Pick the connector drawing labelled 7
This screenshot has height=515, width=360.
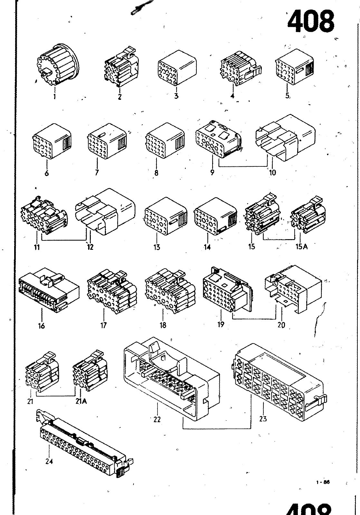[x=107, y=142]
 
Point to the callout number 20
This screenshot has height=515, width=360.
[x=281, y=325]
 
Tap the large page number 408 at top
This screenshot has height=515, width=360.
[x=310, y=22]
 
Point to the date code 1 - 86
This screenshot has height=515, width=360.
[x=323, y=482]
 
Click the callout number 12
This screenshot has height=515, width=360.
[x=90, y=247]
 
